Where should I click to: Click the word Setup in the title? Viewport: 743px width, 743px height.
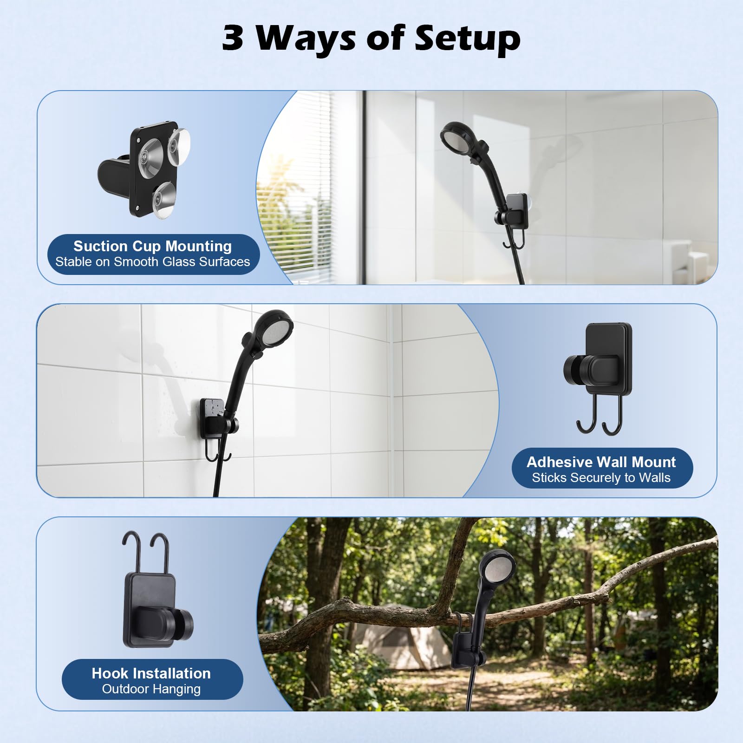[x=468, y=39]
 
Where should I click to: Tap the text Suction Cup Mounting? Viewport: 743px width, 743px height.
[x=152, y=246]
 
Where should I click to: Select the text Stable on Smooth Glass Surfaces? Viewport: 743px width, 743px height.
[x=152, y=262]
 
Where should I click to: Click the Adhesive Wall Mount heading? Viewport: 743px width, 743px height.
[x=601, y=462]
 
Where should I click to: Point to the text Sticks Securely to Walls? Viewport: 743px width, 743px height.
[x=601, y=477]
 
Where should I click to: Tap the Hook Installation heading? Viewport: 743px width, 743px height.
[x=151, y=673]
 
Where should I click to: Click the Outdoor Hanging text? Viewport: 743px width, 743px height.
[x=151, y=689]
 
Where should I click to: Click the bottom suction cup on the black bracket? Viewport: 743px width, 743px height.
[x=164, y=200]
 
